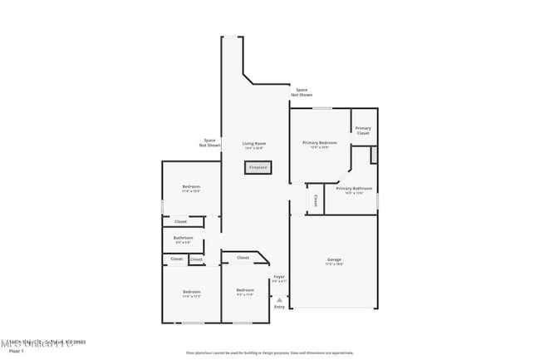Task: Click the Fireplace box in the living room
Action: click(x=258, y=167)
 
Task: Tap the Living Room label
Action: click(x=254, y=143)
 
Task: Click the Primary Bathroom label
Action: click(x=355, y=188)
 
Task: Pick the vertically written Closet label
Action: click(x=316, y=200)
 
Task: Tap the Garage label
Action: click(x=334, y=259)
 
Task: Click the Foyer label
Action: click(x=280, y=277)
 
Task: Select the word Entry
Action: click(x=279, y=307)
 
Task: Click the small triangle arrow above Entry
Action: click(x=279, y=299)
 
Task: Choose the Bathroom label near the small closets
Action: click(x=183, y=238)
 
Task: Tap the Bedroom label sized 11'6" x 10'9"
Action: click(x=191, y=186)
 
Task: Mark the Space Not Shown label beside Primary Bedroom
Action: click(x=302, y=92)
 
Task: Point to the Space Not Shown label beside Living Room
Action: click(x=209, y=142)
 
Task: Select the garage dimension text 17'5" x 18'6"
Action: click(x=334, y=264)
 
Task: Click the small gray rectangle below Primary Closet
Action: click(x=374, y=154)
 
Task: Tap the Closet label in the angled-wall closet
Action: click(x=243, y=258)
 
